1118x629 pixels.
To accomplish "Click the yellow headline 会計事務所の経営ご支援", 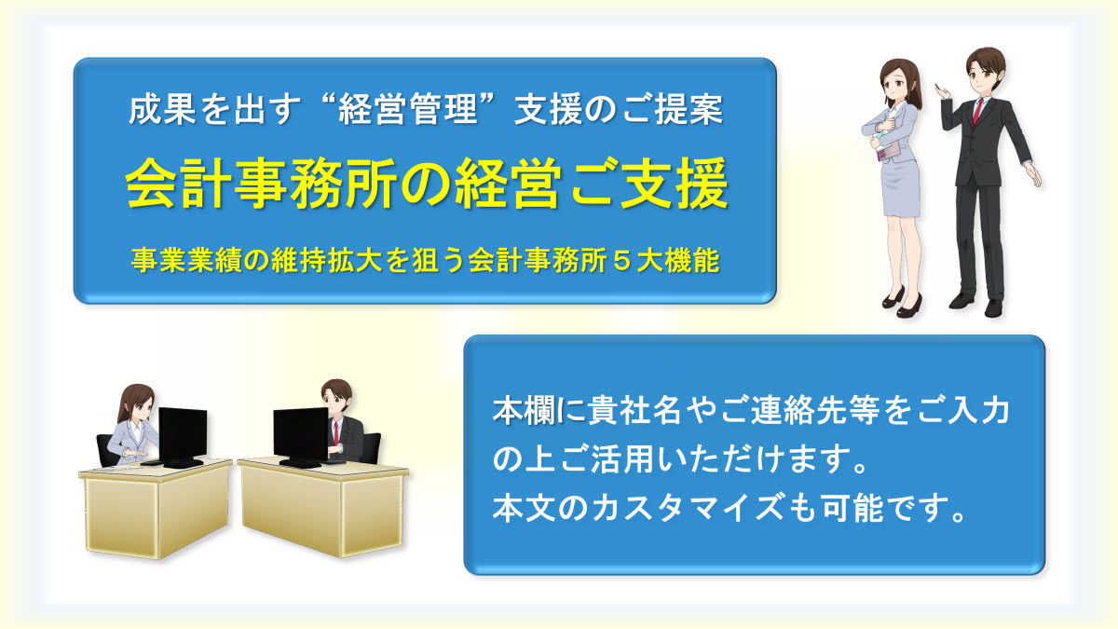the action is tap(427, 184).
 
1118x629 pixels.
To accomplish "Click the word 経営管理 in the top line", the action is tap(408, 110).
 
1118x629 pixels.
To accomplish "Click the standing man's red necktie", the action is tap(976, 113).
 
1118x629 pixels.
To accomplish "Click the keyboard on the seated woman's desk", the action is tap(153, 463).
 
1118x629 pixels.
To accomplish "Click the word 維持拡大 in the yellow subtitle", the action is tap(328, 261).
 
